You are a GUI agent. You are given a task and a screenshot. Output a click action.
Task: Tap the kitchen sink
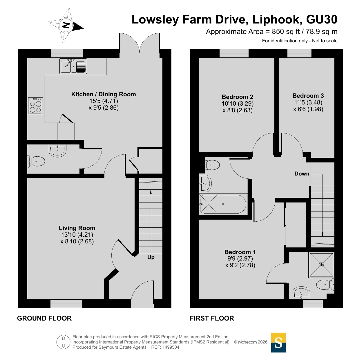73,66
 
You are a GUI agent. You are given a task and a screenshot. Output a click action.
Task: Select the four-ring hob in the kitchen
35,106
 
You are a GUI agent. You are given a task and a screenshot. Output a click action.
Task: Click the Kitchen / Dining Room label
104,94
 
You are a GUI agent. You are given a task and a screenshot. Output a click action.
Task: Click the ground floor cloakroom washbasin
58,151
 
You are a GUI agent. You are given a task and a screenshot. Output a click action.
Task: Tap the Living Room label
77,228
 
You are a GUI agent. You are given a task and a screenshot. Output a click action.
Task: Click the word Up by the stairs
151,257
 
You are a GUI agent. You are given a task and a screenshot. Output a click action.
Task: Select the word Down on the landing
302,174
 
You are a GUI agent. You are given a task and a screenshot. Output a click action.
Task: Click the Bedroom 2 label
238,97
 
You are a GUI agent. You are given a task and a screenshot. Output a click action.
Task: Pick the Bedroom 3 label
308,96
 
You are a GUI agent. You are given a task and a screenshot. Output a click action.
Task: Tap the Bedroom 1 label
240,252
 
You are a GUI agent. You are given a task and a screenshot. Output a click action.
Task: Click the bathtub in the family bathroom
223,204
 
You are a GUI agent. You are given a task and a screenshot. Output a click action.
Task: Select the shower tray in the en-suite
321,265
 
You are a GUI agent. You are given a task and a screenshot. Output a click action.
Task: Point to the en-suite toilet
325,284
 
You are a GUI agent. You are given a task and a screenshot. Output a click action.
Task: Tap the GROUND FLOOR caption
44,318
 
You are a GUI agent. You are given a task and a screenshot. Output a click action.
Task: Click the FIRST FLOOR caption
212,318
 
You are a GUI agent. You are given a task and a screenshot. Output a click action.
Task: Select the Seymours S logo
278,343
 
